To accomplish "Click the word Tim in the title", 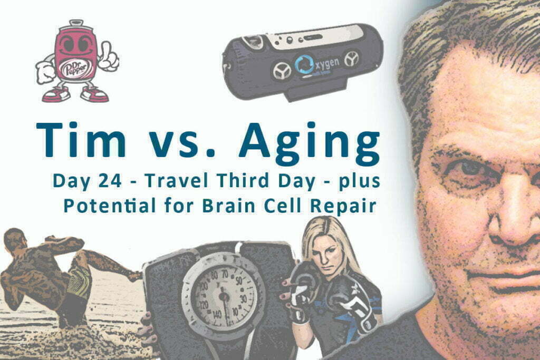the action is pos(81,140).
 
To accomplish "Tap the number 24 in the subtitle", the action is pos(110,181).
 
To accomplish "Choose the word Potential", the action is pos(110,206).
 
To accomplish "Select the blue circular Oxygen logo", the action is pos(304,65).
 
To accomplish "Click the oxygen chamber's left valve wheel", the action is pos(282,71).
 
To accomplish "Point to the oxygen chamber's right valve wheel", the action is pos(352,59).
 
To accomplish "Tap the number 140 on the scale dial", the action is pos(217,314).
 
